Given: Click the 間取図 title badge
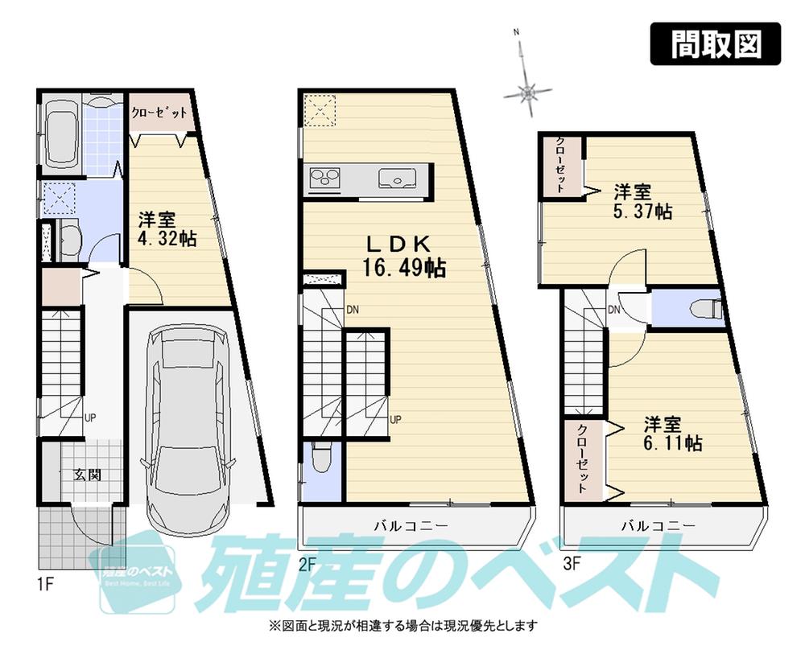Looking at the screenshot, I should point(716,44).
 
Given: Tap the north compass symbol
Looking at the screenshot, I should point(527,93).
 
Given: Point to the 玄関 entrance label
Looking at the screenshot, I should point(88,474).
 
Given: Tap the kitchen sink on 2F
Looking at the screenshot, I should point(394,177).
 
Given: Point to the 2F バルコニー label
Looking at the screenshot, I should point(411,526).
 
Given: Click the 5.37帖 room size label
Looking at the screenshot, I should point(641,212).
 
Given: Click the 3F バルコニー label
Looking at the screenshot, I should point(658,526).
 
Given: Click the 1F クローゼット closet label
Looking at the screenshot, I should point(159,113).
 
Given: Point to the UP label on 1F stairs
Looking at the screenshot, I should point(90,417).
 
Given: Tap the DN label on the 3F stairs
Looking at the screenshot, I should point(613,310).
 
